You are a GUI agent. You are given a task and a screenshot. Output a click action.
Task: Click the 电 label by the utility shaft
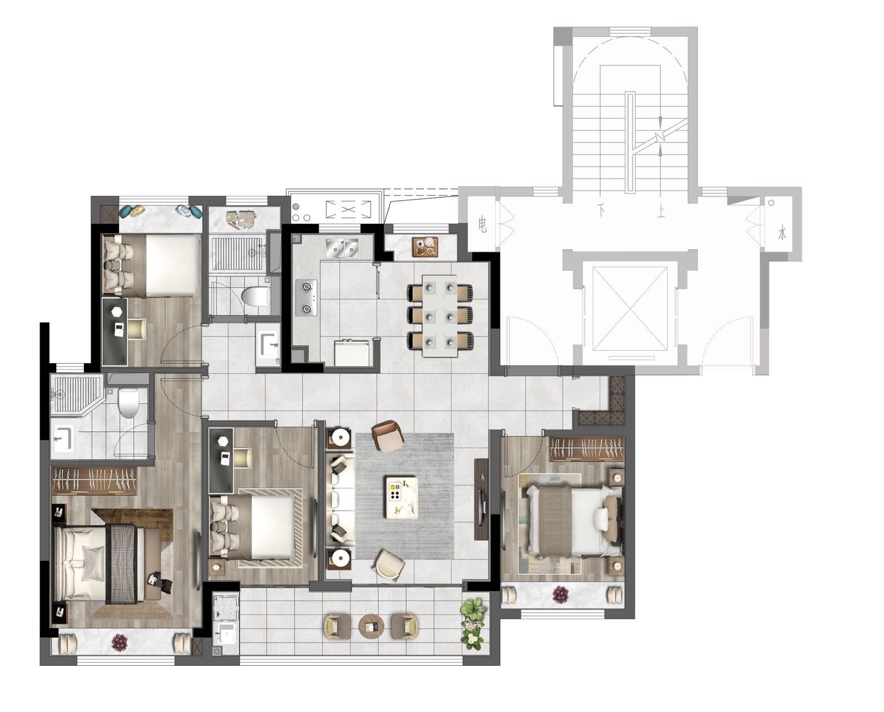tap(483, 225)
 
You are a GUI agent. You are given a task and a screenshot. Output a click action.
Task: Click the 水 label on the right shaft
tap(782, 234)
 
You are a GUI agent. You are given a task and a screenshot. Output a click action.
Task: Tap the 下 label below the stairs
tap(602, 210)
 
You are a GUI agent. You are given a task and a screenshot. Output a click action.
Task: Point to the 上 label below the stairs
tap(660, 211)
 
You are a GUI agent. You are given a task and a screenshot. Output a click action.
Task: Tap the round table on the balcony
tap(371, 626)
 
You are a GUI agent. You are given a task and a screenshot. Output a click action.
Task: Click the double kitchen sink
tap(342, 248)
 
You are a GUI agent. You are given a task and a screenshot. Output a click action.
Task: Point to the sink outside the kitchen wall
tap(268, 344)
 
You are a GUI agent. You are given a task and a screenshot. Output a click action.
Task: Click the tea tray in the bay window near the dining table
tap(425, 247)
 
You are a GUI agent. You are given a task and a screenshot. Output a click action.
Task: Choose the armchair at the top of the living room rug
tap(388, 436)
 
